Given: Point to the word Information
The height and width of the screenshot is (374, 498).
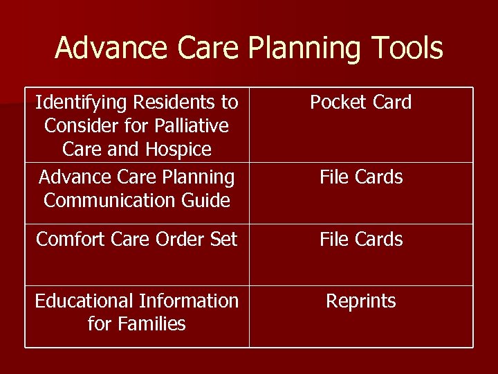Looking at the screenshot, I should tap(188, 301).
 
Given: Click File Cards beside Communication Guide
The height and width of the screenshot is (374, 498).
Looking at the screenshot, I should tap(361, 177).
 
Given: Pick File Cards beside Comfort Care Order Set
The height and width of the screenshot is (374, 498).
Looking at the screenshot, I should tap(361, 240).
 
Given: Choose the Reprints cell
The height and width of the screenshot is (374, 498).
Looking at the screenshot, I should tap(361, 301).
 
